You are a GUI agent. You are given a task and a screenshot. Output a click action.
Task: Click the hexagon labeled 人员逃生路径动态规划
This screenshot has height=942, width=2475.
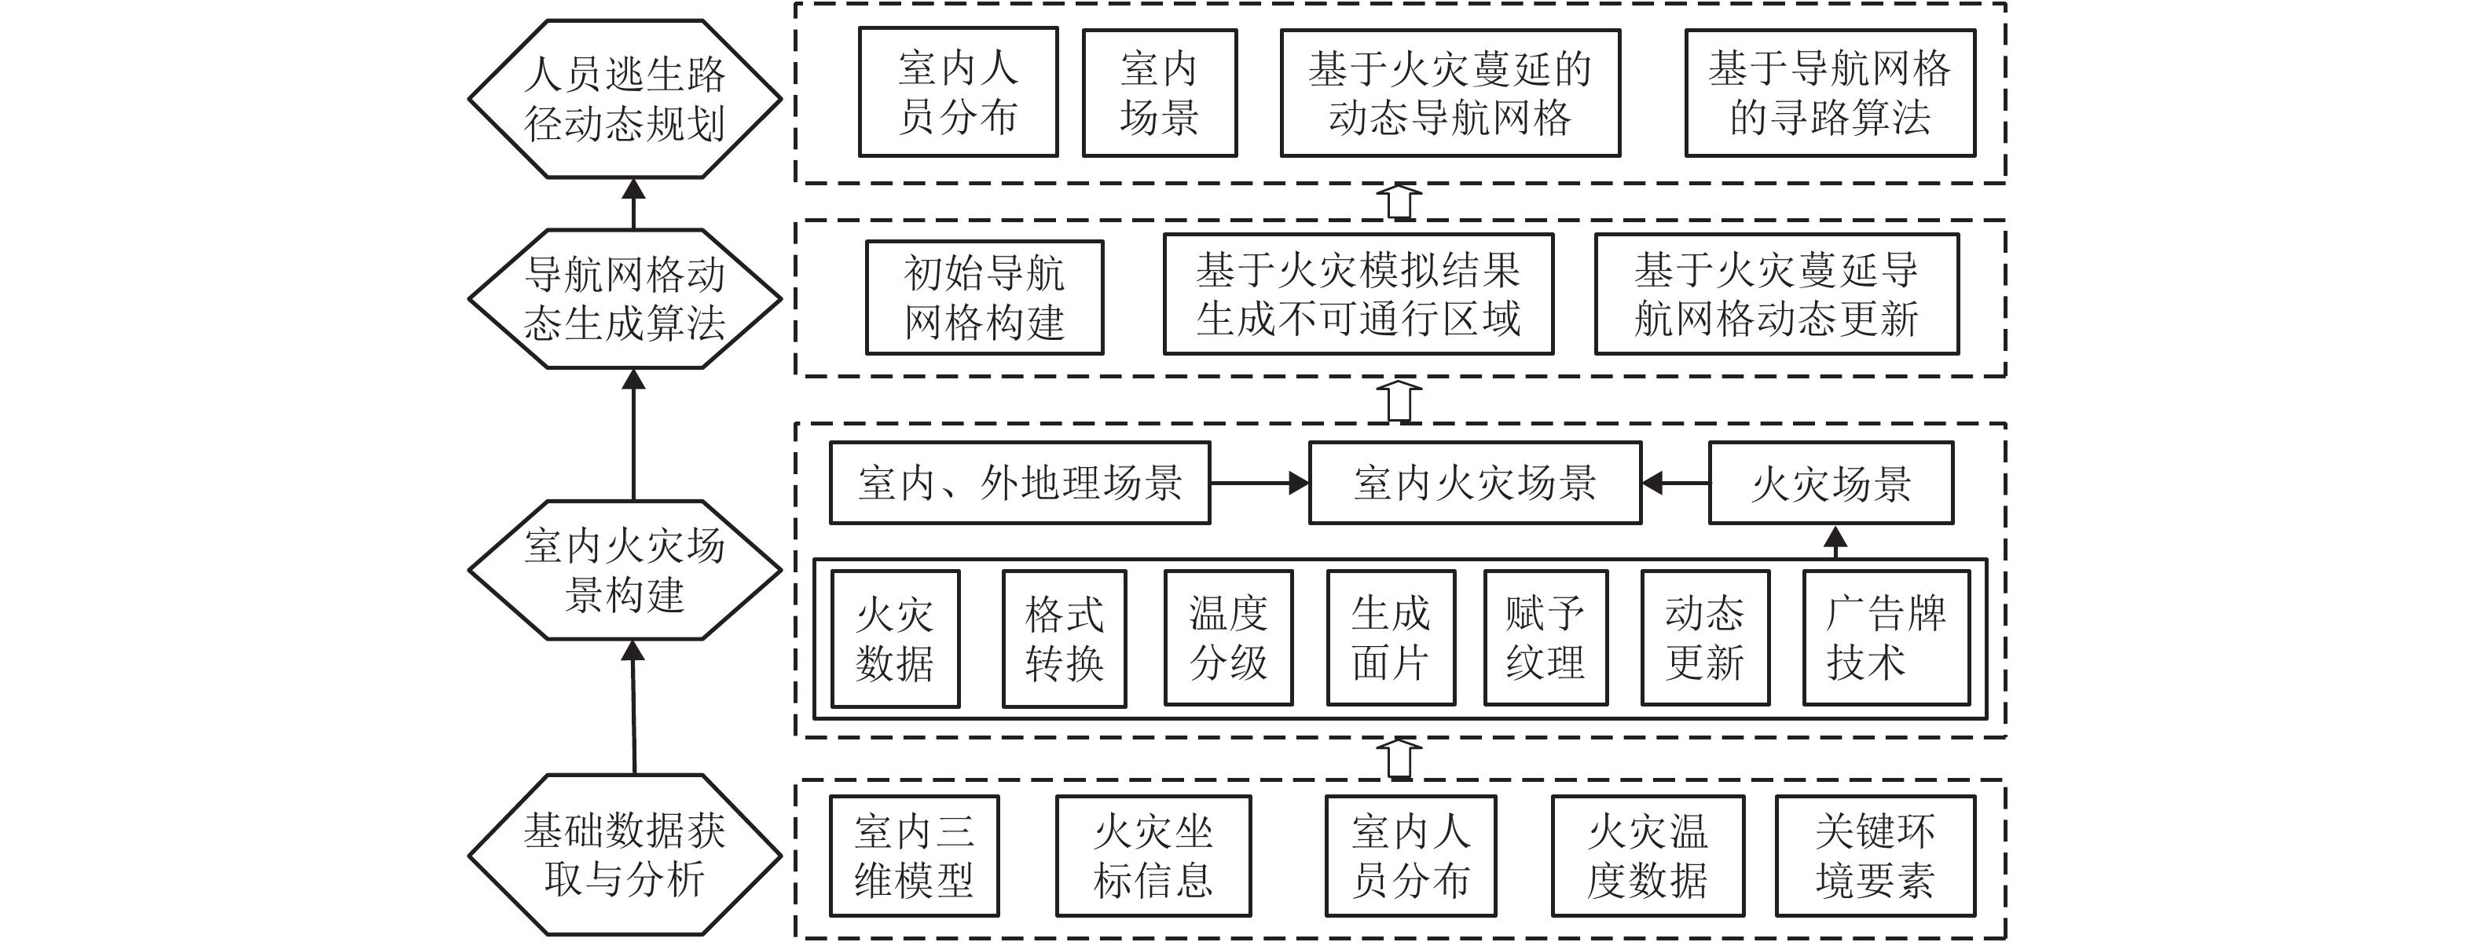point(625,99)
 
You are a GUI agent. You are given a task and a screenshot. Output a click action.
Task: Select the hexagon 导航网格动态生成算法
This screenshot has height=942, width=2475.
point(625,298)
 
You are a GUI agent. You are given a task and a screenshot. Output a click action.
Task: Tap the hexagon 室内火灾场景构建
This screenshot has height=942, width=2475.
point(625,571)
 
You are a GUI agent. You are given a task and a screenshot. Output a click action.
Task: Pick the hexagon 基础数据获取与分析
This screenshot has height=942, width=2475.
point(625,855)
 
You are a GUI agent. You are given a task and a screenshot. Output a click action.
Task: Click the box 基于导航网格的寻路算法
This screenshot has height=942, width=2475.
point(1829,93)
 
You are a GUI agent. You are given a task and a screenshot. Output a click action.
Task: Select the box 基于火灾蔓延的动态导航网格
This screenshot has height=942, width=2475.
point(1450,93)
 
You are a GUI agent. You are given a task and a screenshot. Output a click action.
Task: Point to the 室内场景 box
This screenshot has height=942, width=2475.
point(1160,93)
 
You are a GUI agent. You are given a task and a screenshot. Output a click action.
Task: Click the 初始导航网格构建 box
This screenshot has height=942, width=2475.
point(984,298)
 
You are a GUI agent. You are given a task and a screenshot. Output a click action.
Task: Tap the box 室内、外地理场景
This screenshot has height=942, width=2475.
point(1019,483)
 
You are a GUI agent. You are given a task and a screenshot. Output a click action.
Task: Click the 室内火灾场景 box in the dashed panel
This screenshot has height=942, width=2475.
point(1475,483)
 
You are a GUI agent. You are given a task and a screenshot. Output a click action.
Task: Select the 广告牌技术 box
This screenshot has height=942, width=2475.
point(1886,638)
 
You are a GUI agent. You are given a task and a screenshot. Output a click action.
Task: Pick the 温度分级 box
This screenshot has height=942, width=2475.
point(1228,638)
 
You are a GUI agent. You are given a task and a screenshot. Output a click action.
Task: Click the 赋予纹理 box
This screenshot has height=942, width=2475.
point(1545,638)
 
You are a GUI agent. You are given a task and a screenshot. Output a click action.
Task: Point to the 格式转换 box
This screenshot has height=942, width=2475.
point(1064,638)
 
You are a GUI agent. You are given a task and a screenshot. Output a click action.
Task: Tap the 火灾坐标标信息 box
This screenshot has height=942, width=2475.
point(1153,856)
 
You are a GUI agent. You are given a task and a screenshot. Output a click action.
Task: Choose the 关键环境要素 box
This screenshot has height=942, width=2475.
point(1875,856)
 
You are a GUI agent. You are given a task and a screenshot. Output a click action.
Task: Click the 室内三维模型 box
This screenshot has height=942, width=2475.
point(914,856)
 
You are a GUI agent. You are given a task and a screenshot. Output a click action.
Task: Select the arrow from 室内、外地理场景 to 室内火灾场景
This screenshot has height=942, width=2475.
point(1259,483)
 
